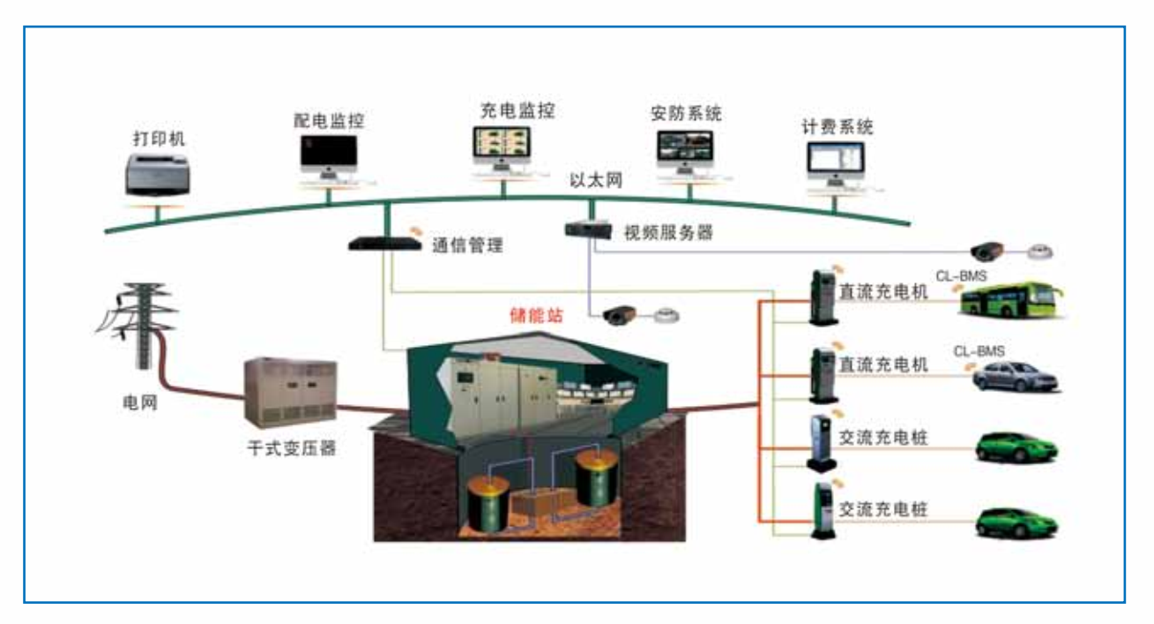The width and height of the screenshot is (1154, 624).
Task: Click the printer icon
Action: (x=157, y=174)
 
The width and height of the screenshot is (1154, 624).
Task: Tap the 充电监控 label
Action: (x=505, y=112)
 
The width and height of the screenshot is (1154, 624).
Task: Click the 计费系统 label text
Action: (x=838, y=127)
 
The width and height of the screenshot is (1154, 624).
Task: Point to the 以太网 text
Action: (x=597, y=182)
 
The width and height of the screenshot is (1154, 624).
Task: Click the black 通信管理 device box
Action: (x=384, y=242)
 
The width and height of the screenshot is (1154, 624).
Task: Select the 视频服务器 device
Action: (x=587, y=229)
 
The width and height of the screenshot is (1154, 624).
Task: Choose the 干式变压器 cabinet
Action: (x=289, y=392)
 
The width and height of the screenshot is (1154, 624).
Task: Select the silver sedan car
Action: (x=1015, y=378)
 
